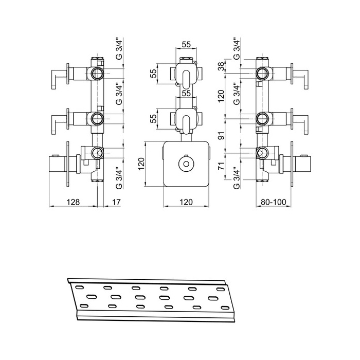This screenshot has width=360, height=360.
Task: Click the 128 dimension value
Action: [73, 202]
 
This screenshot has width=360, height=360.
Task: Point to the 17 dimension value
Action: [116, 202]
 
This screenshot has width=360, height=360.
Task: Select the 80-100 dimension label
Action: [274, 202]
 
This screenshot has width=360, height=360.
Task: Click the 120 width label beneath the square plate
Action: [186, 202]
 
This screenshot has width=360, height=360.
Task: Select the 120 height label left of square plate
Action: [141, 164]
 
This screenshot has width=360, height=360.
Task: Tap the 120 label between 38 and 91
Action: [221, 96]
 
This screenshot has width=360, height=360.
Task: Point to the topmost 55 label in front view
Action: [186, 44]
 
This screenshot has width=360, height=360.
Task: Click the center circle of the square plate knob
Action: [186, 164]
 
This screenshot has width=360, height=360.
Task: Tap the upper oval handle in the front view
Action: [186, 79]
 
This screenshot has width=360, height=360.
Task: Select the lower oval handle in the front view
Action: [186, 124]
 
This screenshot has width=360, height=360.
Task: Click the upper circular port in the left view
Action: [98, 74]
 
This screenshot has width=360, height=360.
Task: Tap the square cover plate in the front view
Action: [186, 164]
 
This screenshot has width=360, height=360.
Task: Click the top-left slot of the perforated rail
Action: [79, 287]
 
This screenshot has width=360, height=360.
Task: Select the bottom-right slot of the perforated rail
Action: [225, 308]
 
